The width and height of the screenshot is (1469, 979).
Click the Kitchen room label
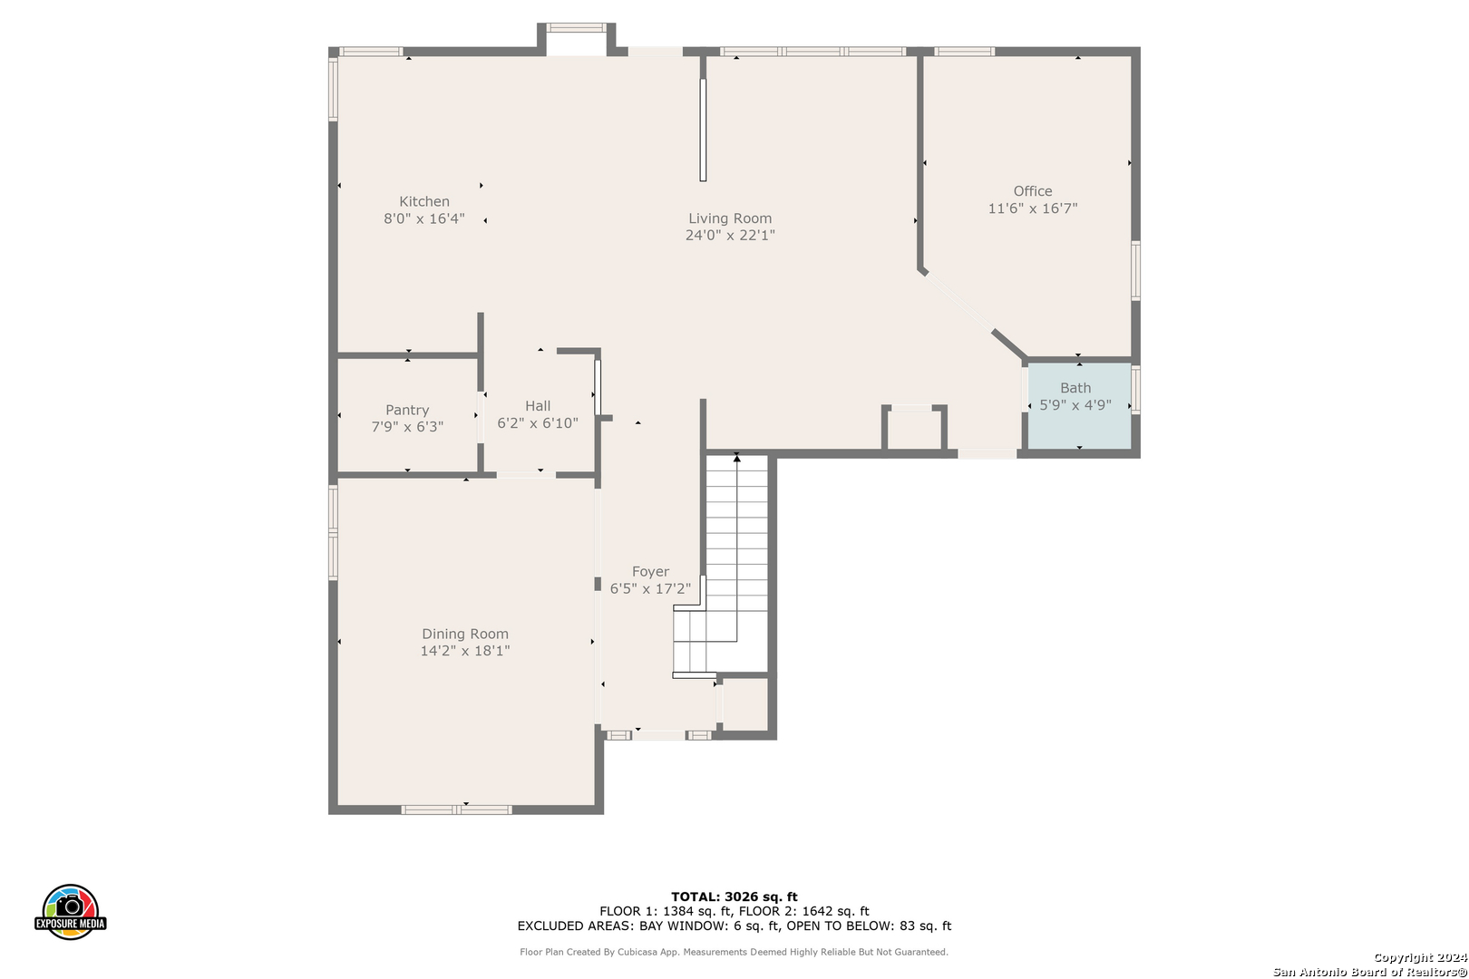(424, 201)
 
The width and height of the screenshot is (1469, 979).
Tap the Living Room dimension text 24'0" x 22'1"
(730, 236)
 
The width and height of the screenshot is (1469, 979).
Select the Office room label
(1033, 191)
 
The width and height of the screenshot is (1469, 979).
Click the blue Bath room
(1079, 406)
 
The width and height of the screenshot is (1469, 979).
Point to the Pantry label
(407, 410)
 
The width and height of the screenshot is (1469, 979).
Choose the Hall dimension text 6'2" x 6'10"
(538, 423)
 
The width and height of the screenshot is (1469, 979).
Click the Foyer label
(650, 572)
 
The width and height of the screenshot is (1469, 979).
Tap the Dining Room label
(465, 635)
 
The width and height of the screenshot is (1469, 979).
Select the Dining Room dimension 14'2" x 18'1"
(465, 651)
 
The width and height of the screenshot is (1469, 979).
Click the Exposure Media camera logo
(70, 911)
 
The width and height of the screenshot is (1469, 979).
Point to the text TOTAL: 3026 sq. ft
(734, 897)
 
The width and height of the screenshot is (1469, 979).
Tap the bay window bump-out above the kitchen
(576, 39)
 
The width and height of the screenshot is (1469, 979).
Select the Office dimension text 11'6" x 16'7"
(1033, 208)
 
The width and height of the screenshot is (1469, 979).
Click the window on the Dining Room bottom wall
(456, 809)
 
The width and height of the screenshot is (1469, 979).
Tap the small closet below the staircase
(745, 704)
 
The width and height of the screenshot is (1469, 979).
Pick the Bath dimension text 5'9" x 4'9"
(1075, 405)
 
